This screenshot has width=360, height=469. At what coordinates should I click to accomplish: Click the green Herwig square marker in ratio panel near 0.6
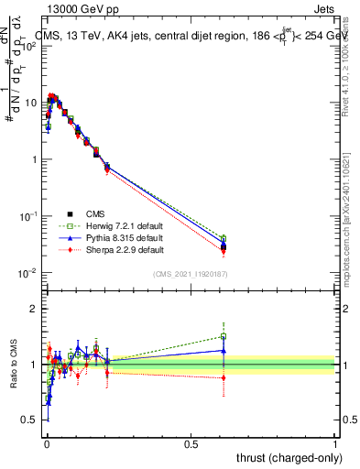223,336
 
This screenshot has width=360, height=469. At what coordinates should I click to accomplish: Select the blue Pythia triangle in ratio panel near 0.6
223,350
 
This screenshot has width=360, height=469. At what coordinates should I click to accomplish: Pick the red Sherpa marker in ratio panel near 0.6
223,377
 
